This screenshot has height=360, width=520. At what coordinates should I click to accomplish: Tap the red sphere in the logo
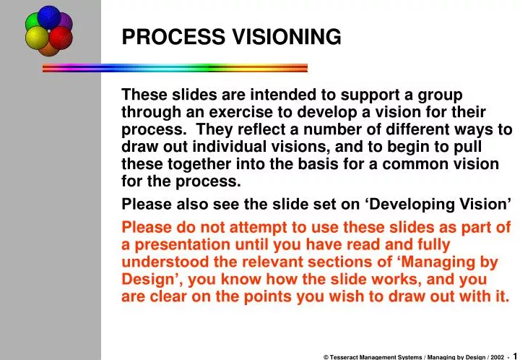(61, 38)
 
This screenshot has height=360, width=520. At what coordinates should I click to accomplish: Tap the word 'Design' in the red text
(145, 280)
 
